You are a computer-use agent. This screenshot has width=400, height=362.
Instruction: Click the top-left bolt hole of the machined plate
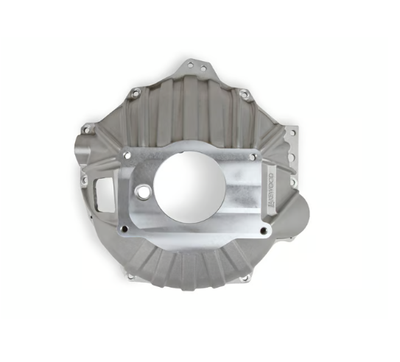[127, 155]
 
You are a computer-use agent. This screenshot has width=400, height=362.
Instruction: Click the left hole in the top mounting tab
[189, 65]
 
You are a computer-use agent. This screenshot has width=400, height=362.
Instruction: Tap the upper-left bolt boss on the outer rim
[135, 93]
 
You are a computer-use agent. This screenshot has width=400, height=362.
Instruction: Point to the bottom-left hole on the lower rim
[132, 277]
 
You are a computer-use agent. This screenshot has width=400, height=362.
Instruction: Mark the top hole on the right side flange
[292, 134]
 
